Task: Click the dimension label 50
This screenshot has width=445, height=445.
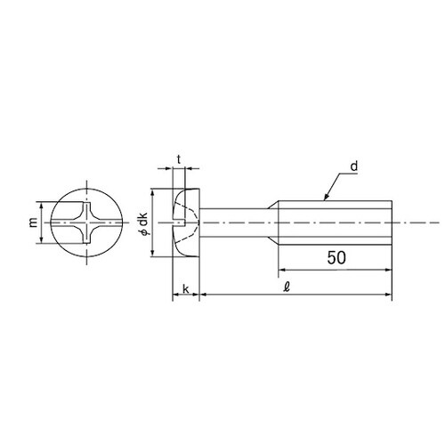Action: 336,257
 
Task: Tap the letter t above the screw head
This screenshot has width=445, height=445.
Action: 179,159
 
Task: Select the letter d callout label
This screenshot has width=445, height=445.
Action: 354,166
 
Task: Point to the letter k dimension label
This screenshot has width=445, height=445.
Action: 186,289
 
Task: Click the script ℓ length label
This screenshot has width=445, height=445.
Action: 287,287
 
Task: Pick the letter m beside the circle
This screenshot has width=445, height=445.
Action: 33,222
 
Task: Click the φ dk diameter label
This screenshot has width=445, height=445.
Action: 144,223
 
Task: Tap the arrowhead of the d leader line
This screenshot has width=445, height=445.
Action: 327,197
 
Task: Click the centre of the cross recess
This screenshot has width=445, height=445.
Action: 86,222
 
